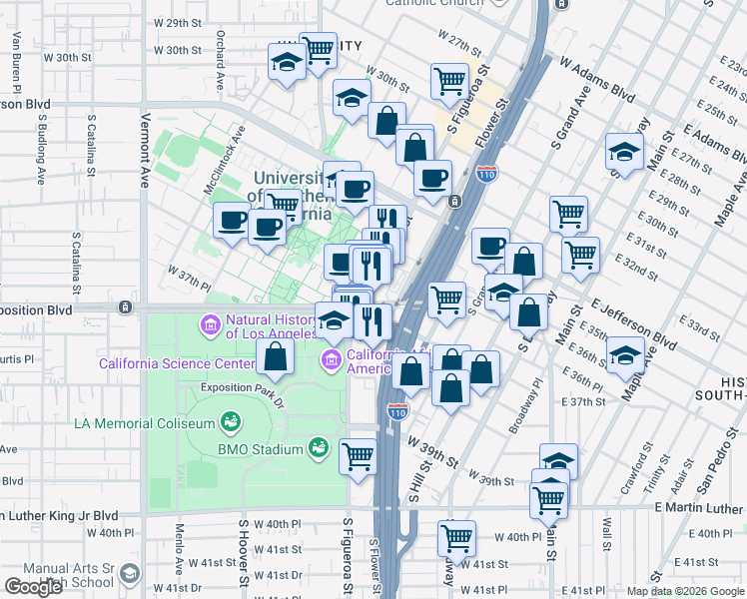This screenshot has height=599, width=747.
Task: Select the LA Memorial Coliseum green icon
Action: click(231, 422)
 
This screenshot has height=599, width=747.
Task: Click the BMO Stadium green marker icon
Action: click(319, 448)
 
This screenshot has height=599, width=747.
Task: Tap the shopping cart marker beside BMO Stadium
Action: click(358, 456)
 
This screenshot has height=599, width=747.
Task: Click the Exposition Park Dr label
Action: click(243, 388)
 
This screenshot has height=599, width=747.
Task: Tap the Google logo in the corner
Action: click(33, 587)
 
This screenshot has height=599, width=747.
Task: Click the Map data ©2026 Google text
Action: click(684, 591)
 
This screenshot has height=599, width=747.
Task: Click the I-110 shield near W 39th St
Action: click(397, 411)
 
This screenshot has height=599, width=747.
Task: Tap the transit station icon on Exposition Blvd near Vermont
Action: click(125, 306)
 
